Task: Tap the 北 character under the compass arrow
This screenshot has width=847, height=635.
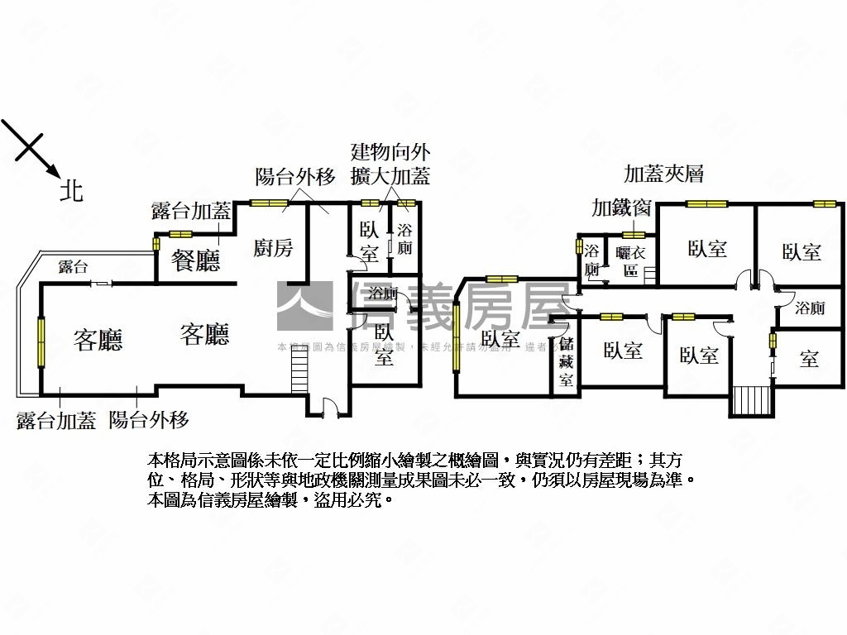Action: click(71, 192)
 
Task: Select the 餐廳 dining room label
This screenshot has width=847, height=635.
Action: click(196, 261)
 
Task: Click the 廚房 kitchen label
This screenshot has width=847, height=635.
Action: click(273, 247)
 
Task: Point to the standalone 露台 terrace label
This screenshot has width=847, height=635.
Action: click(74, 266)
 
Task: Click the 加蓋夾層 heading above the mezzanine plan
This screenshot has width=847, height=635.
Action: click(663, 174)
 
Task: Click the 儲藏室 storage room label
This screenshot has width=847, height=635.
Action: click(566, 361)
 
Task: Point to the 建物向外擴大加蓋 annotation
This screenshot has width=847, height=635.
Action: click(390, 164)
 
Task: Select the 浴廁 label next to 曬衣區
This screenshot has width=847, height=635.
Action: click(591, 259)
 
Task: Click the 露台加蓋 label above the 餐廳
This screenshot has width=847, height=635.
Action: click(191, 211)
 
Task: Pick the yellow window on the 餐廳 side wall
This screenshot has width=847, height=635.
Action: click(156, 244)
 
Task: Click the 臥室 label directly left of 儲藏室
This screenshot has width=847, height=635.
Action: click(500, 338)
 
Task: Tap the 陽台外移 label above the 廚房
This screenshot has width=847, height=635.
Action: click(295, 176)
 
